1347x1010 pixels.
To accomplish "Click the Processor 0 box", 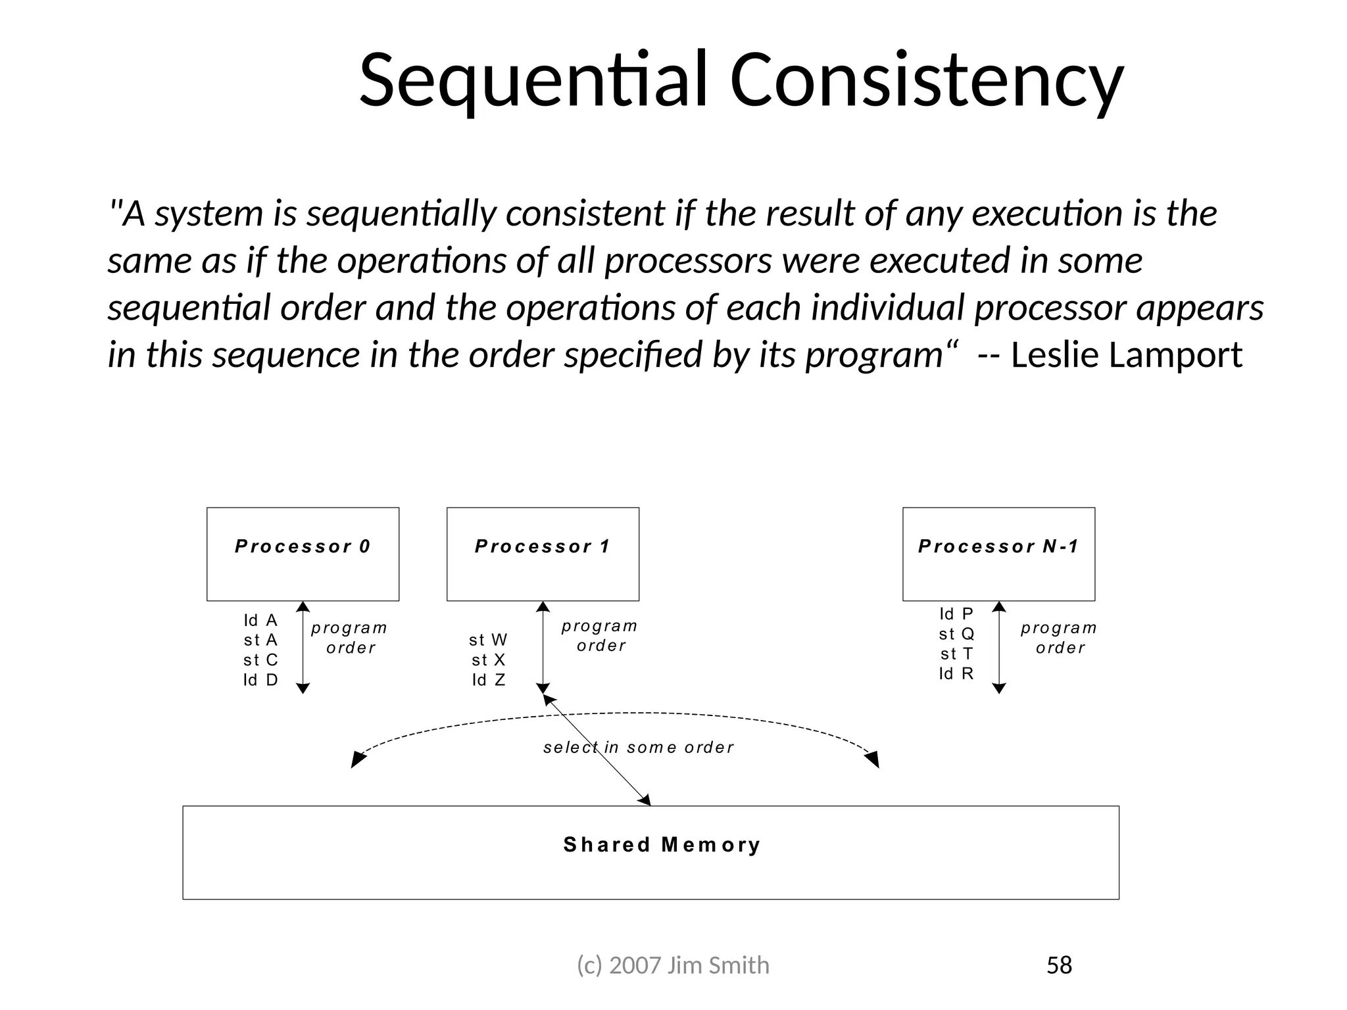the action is coord(303,554).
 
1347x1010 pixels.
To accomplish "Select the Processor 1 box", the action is coord(543,554).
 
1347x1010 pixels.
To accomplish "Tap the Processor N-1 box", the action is coord(998,554).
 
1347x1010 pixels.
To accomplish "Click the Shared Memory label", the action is coord(662,845).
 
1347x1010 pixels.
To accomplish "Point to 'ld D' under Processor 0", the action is coord(260,680).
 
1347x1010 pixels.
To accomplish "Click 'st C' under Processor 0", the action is coord(260,660).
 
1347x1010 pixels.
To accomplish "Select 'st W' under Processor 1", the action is coord(488,640).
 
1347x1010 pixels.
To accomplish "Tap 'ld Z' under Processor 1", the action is coord(488,680).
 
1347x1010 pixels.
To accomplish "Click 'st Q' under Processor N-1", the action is coord(956,634).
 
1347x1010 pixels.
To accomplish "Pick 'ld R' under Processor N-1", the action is coord(956,673).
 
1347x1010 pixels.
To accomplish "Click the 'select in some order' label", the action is coord(638,748).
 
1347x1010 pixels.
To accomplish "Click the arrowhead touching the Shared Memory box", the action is coord(645,800).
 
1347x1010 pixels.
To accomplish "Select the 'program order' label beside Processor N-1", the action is coord(1059,638).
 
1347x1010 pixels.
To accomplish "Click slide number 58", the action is coord(1059,965).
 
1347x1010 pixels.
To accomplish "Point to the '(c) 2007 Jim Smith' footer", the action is coord(673,965).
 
